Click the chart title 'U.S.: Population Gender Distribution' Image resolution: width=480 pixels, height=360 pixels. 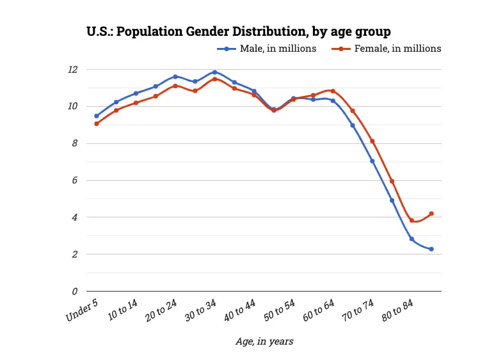click(238, 31)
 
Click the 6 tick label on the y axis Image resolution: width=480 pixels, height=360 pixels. click(75, 180)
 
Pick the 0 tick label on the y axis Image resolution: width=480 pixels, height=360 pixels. click(75, 292)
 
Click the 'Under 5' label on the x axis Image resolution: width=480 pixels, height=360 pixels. click(82, 310)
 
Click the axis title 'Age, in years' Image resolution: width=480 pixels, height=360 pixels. click(264, 341)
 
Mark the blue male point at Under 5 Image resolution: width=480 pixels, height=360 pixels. click(97, 116)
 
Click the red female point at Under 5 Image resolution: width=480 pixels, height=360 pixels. click(97, 123)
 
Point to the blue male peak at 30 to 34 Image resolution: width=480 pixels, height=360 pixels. click(214, 72)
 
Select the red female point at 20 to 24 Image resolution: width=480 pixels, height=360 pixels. click(175, 86)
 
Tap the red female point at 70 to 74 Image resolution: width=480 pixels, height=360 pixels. click(372, 141)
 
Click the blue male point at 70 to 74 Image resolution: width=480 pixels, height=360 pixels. click(372, 161)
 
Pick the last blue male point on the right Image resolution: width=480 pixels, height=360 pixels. click(431, 249)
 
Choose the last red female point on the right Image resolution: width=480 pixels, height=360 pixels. click(431, 214)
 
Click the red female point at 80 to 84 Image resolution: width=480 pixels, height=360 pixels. click(412, 221)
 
